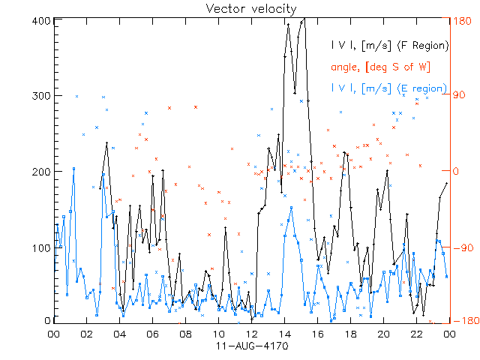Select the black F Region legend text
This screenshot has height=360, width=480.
point(389,46)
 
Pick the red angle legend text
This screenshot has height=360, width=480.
point(380,67)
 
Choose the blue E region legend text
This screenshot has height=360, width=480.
point(389,88)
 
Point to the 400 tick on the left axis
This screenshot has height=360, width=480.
point(42,19)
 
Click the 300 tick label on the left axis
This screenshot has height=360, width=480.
point(42,95)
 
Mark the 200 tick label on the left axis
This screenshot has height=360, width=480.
point(42,171)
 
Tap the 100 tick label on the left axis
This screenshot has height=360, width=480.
point(42,247)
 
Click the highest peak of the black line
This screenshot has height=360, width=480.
point(303,20)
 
